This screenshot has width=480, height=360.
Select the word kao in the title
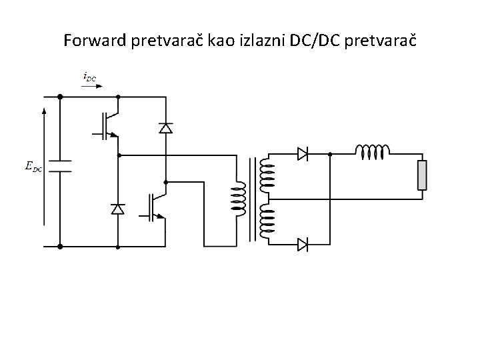[228, 41]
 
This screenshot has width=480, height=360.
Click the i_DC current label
[89, 77]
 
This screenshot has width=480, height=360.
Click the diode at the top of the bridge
[165, 127]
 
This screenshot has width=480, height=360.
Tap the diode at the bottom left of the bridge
[118, 209]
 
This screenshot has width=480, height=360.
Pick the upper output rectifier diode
[302, 154]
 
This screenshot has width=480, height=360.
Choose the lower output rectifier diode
[302, 245]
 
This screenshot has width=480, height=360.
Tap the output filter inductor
[373, 153]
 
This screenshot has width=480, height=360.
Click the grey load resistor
[421, 175]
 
